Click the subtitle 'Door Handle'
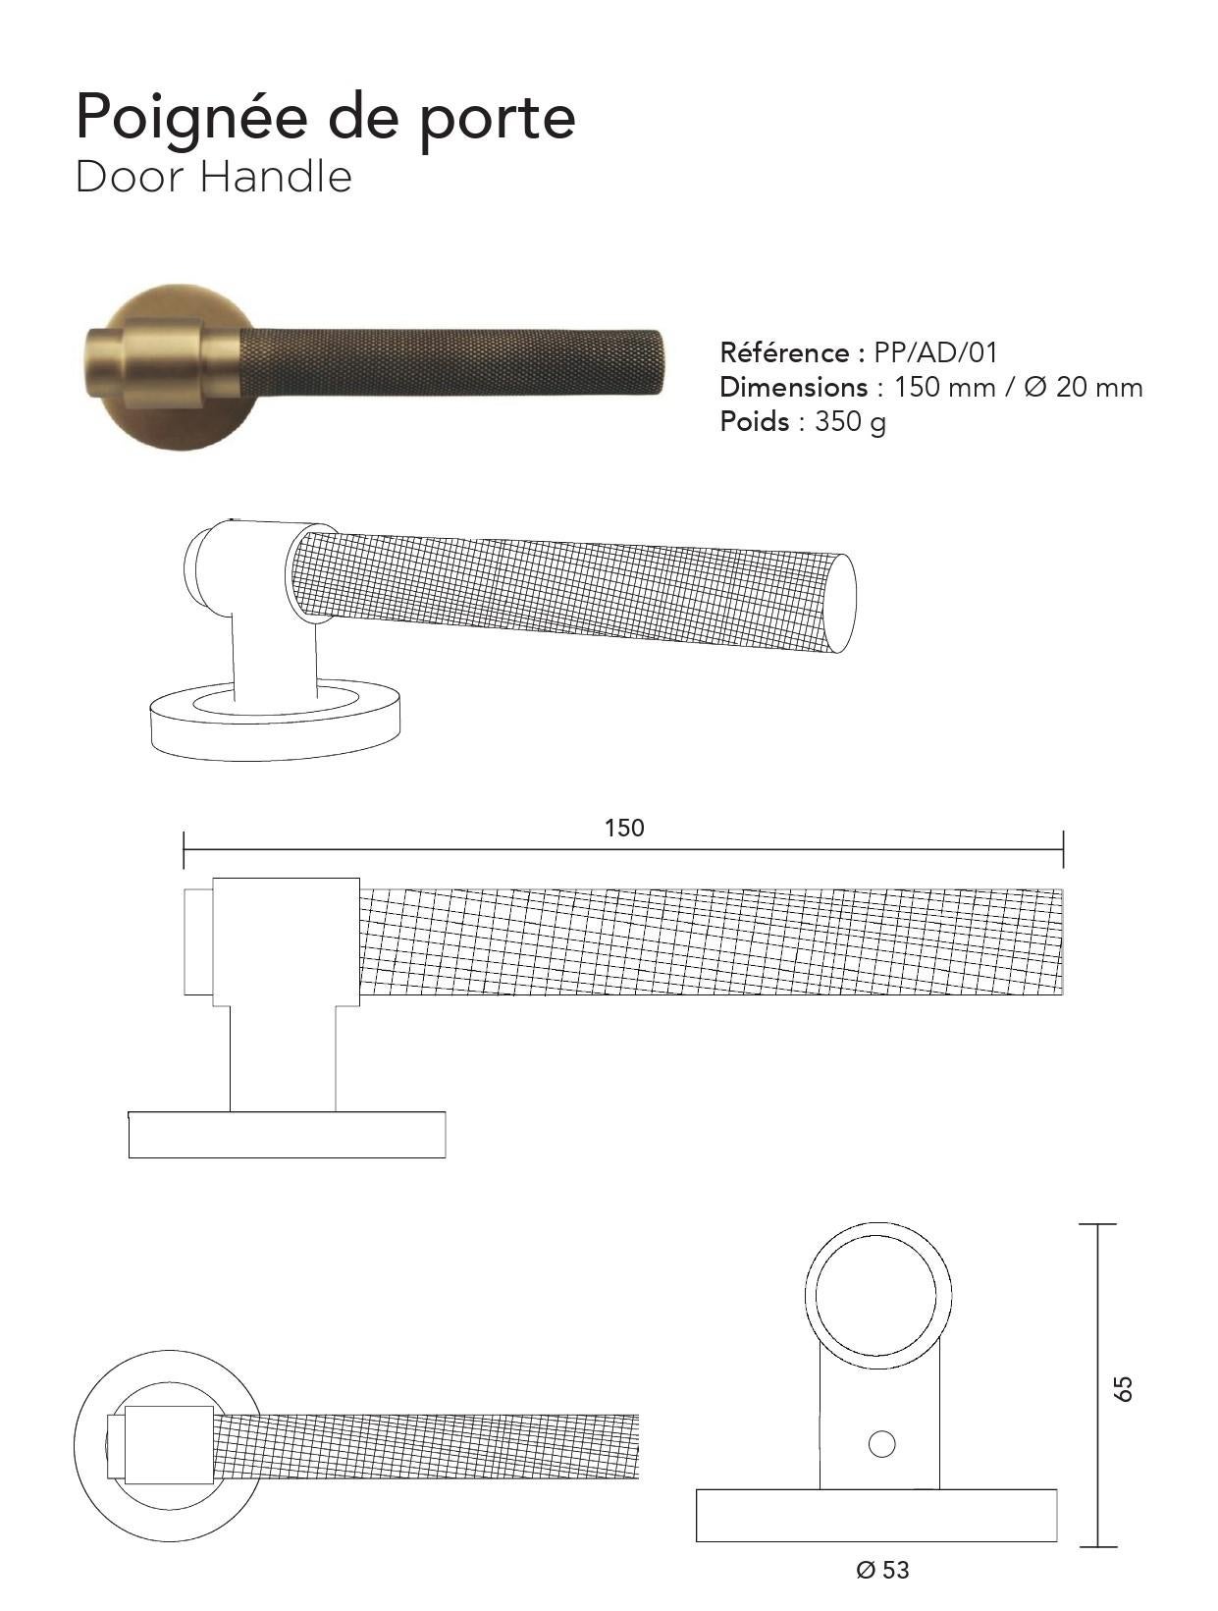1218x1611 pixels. coord(214,178)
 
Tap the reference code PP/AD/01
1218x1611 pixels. coord(935,353)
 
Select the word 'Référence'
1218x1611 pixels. coord(785,352)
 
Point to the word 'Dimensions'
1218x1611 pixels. coord(794,387)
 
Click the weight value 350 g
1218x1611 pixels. coord(850,423)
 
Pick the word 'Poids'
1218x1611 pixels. coord(755,421)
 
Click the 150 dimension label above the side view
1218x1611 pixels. coord(624,828)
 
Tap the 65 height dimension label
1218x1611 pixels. coord(1124,1388)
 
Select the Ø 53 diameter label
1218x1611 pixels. coord(882,1570)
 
